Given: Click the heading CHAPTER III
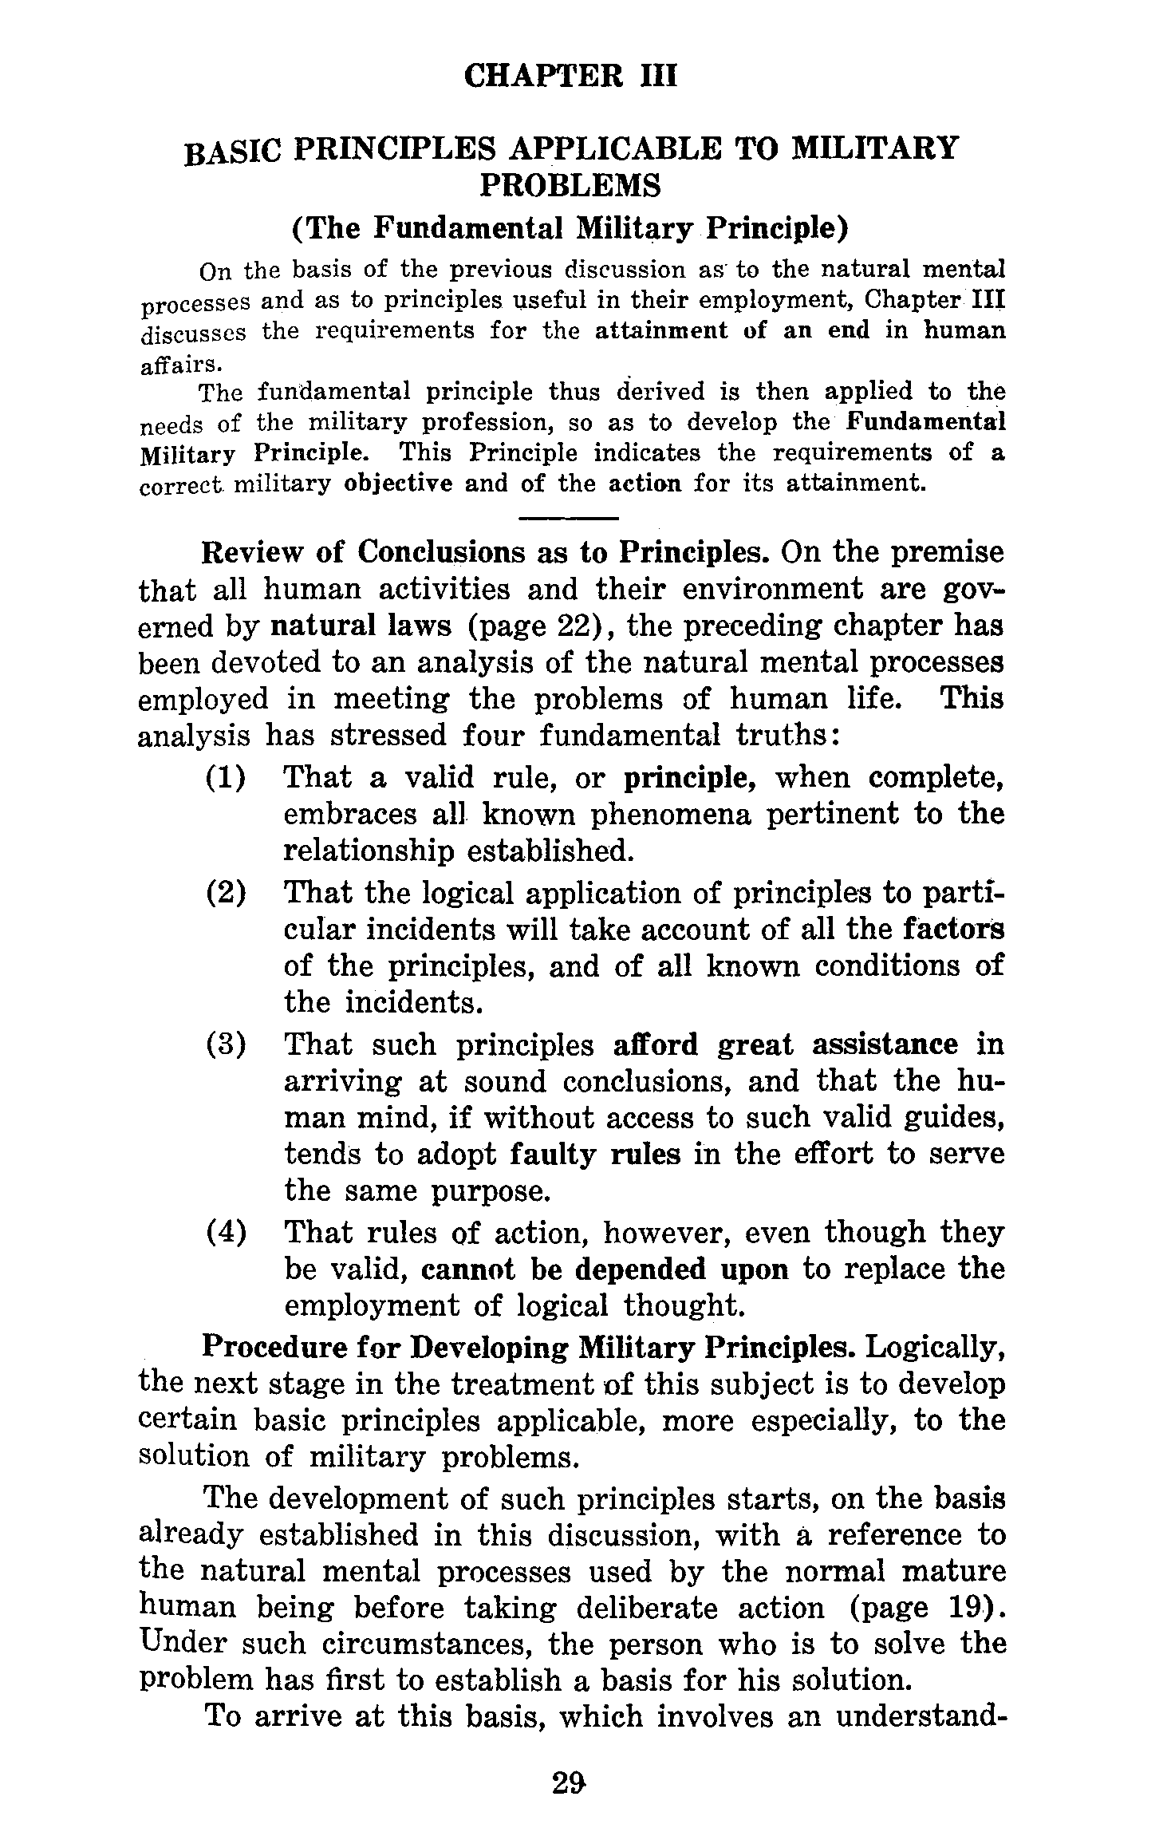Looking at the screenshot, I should click(570, 77).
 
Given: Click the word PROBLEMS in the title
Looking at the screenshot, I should click(570, 186).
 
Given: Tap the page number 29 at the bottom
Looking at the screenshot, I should click(571, 1781).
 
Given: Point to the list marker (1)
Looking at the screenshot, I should click(226, 777).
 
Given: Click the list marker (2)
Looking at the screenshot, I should click(226, 893).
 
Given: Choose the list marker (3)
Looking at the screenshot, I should click(226, 1044).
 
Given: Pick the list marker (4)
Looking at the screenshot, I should click(226, 1233).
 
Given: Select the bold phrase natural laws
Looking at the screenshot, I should click(361, 626).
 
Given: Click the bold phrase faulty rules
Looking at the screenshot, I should click(595, 1154).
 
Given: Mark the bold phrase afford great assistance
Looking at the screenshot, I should click(786, 1044).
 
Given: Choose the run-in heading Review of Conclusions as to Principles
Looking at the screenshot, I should click(486, 552).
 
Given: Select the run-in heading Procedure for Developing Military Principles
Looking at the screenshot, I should click(529, 1347).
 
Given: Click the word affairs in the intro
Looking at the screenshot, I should click(178, 364).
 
